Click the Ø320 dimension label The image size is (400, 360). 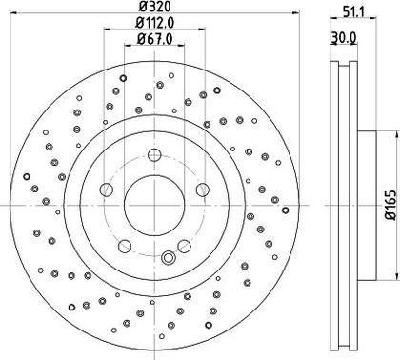[x=155, y=7]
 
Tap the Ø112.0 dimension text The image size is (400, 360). [x=155, y=23]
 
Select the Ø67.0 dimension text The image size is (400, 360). [x=155, y=39]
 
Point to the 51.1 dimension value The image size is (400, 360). [x=353, y=12]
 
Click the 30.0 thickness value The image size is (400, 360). [x=344, y=38]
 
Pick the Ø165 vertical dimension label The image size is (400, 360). [x=391, y=205]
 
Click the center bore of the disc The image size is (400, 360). [x=154, y=206]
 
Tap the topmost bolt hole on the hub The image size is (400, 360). [x=154, y=155]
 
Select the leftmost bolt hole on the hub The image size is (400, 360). [x=107, y=190]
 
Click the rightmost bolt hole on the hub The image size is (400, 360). [x=203, y=190]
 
